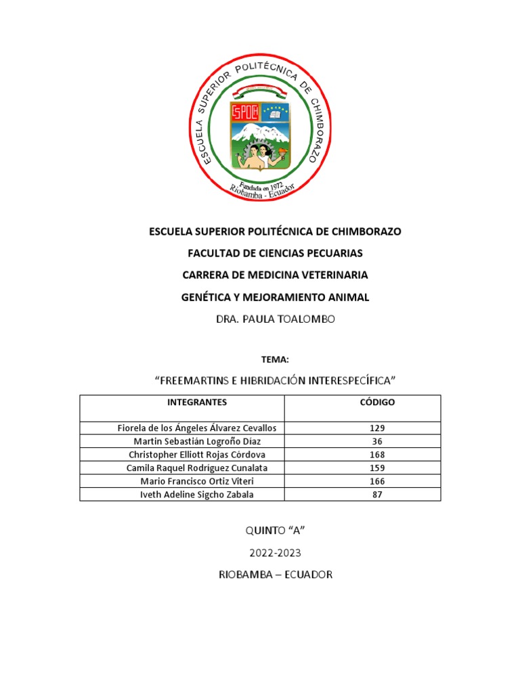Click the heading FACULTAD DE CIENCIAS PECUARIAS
[275, 253]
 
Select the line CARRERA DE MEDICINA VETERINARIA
[275, 275]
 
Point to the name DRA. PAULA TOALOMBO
[275, 319]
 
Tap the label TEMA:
[275, 359]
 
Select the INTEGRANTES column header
[197, 402]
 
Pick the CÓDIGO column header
[376, 402]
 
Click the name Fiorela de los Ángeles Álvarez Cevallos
[197, 428]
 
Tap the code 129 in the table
[377, 428]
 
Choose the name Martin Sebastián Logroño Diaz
[197, 441]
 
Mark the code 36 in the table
[377, 441]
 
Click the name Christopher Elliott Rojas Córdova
[197, 455]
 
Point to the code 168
[377, 455]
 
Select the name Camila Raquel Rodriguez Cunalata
[197, 468]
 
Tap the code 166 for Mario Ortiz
[377, 481]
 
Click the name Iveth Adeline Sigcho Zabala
[197, 495]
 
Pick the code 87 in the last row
[377, 495]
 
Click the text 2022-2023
[275, 553]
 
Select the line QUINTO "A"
[275, 531]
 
